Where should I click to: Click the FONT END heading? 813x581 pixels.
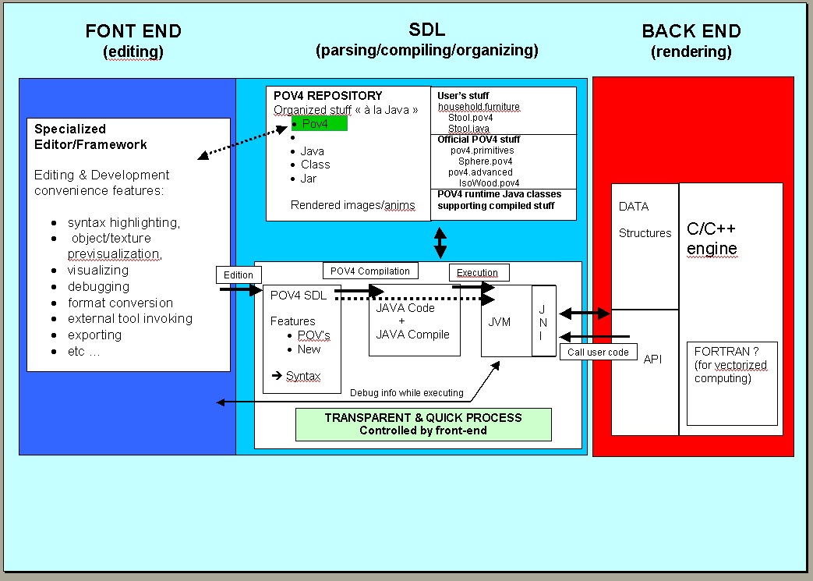click(133, 32)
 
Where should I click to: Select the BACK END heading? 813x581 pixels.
click(691, 32)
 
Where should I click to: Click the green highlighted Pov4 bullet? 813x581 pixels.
click(319, 123)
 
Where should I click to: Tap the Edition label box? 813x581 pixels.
click(239, 275)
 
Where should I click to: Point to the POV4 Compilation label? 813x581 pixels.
click(370, 271)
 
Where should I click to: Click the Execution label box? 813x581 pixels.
click(478, 273)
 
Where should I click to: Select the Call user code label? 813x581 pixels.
click(598, 352)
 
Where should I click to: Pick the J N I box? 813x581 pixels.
click(543, 321)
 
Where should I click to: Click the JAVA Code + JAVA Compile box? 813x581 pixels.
click(412, 321)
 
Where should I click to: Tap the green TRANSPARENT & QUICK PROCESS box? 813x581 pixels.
click(423, 424)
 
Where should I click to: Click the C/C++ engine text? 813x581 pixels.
click(711, 239)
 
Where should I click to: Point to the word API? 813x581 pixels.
click(653, 359)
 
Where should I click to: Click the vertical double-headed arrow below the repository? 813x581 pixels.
click(440, 242)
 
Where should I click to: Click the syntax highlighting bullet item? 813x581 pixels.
click(123, 223)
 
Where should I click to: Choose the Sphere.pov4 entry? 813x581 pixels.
click(485, 161)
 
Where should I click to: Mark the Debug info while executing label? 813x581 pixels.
click(406, 393)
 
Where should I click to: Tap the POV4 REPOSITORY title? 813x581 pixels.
click(327, 96)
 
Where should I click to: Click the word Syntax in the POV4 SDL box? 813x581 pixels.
click(302, 377)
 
